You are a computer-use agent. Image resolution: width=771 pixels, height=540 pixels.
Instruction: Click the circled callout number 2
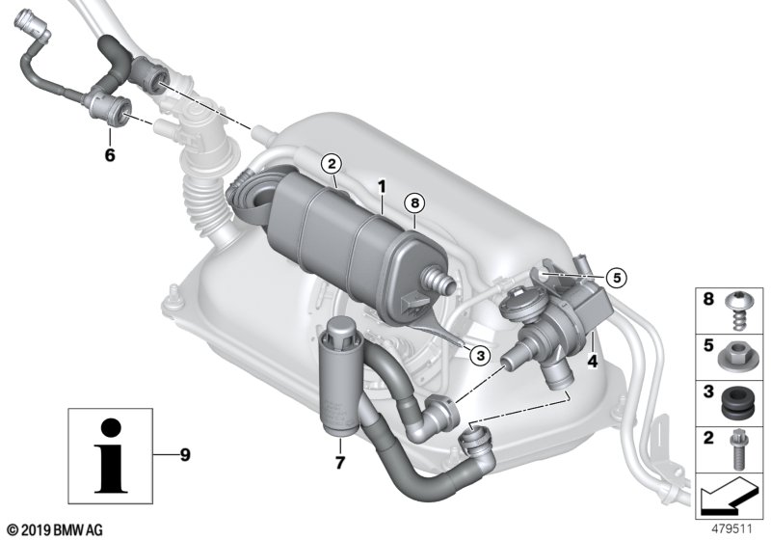tap(332, 163)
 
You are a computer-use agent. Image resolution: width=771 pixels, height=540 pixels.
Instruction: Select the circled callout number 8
tap(414, 202)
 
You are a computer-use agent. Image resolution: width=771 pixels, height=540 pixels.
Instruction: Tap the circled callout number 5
tap(617, 279)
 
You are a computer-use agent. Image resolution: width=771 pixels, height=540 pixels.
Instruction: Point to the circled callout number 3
tap(480, 355)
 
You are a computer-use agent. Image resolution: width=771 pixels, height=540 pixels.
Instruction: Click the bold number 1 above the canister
tap(382, 187)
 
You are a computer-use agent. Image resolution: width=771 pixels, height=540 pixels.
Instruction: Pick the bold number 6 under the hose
tap(110, 155)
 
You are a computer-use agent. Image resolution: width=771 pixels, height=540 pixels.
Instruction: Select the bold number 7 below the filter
tap(340, 462)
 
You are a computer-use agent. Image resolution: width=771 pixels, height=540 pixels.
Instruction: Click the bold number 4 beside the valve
tap(593, 362)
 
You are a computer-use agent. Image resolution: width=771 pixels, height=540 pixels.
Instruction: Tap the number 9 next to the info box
tap(185, 455)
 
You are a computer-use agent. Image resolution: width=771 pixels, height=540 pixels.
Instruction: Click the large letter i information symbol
tap(111, 455)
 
